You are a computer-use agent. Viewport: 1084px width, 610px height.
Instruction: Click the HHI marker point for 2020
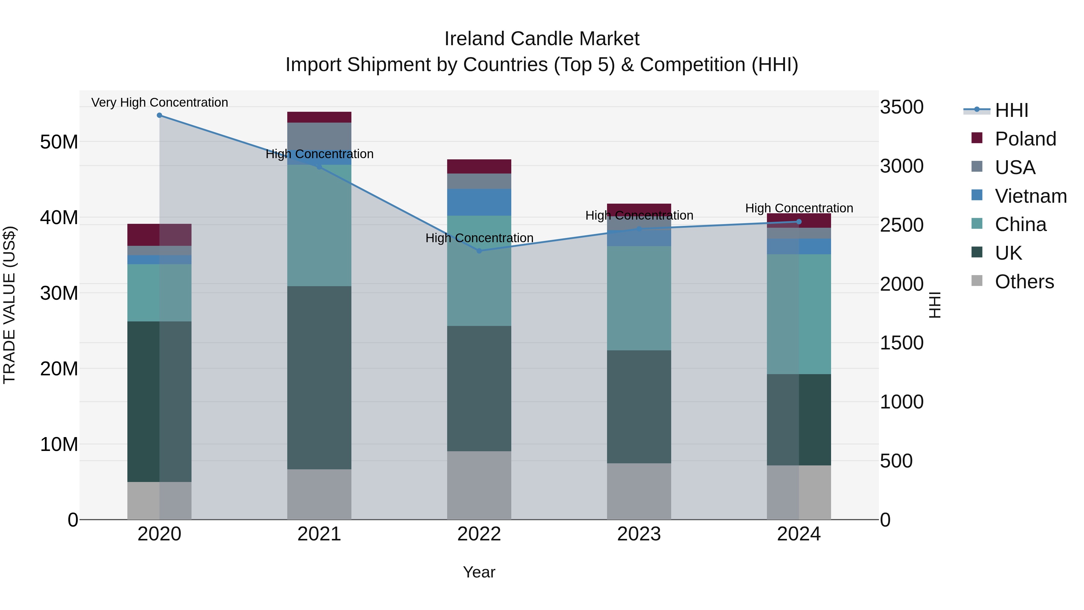click(160, 115)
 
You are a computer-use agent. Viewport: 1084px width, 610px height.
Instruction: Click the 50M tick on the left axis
click(59, 142)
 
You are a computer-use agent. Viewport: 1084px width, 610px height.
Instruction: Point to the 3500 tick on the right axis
click(901, 107)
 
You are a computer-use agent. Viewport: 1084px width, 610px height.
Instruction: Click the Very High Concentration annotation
click(160, 102)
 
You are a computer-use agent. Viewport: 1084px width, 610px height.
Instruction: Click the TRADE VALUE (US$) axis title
click(9, 305)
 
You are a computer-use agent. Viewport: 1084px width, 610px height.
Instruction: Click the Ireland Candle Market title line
click(542, 39)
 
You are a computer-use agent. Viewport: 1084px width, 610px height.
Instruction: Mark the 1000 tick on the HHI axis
click(901, 402)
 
